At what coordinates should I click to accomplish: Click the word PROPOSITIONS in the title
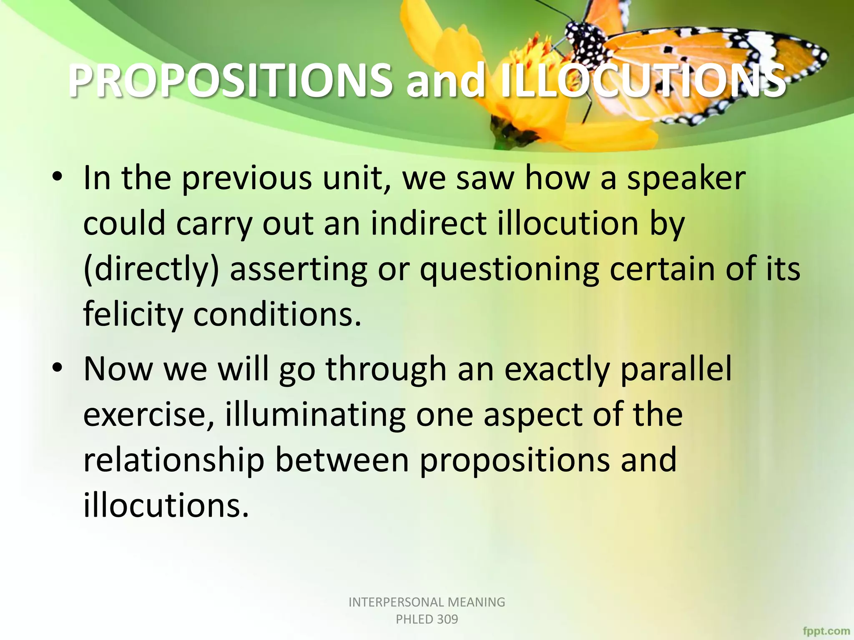click(229, 81)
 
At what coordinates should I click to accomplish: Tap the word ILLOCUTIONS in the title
click(642, 81)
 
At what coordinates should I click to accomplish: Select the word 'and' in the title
click(445, 81)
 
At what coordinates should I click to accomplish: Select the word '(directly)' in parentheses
click(151, 270)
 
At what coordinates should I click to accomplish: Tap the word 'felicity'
click(133, 315)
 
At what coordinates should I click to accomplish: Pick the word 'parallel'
click(676, 369)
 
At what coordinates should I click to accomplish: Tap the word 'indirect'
click(429, 224)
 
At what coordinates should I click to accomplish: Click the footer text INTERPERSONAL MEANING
click(427, 602)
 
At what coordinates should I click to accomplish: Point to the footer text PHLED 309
click(427, 619)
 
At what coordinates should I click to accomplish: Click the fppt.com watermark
click(826, 631)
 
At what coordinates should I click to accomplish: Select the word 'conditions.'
click(277, 315)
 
